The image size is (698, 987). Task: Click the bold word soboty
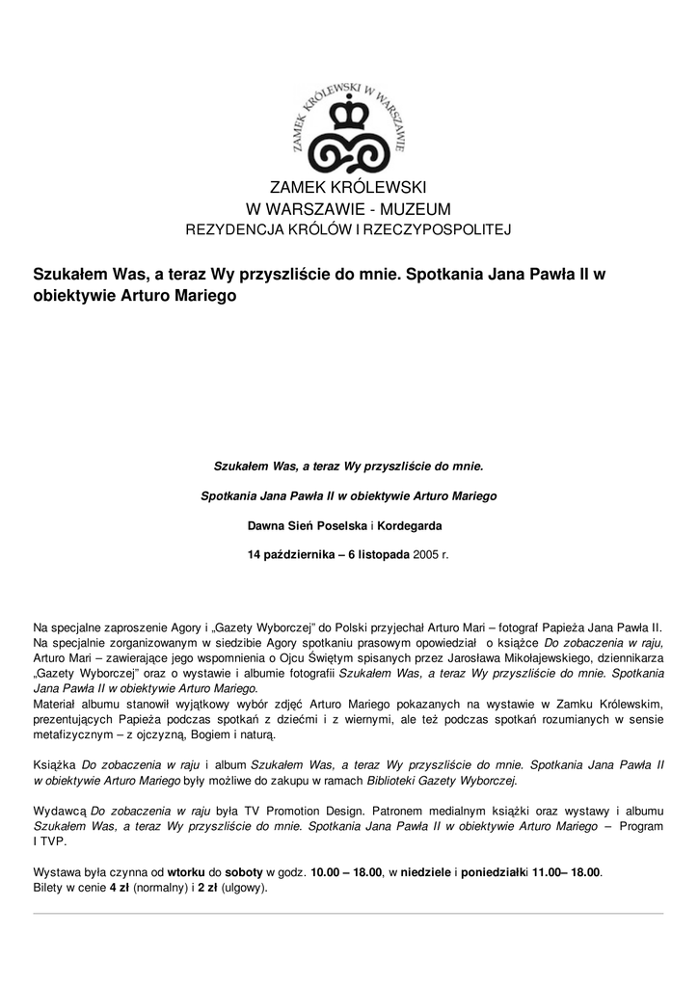pos(245,872)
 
